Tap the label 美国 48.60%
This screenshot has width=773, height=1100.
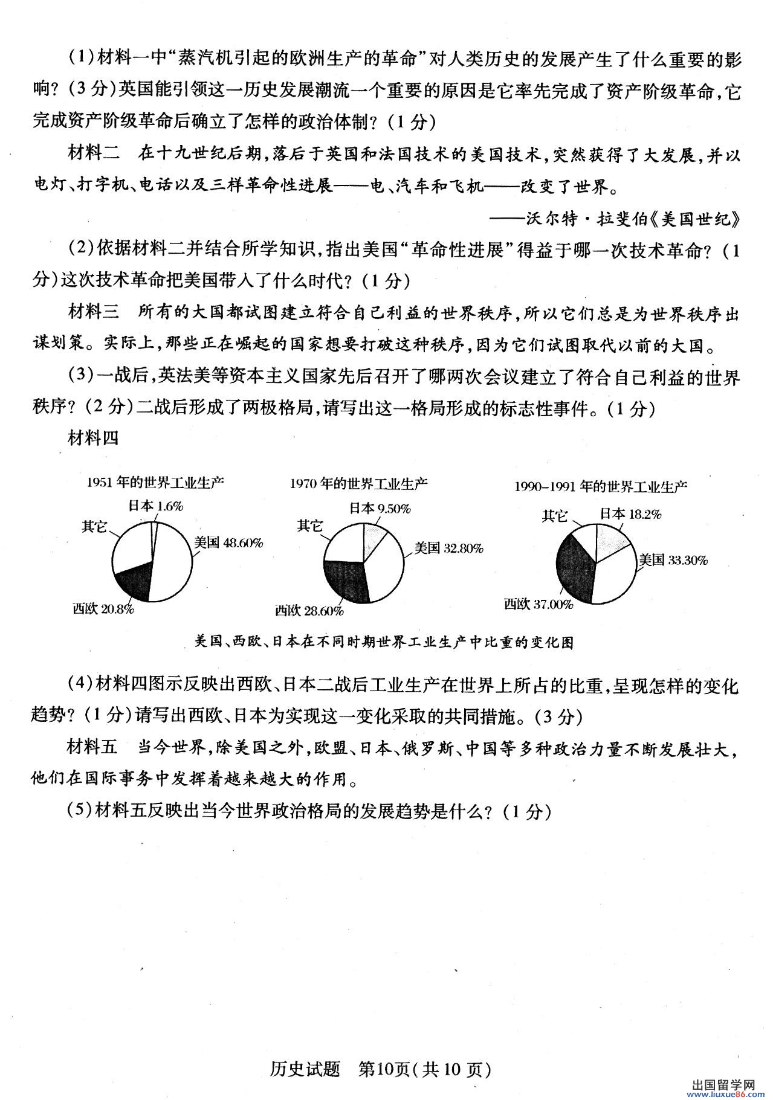[228, 542]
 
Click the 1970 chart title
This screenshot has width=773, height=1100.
[358, 483]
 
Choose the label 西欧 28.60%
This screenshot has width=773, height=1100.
[309, 611]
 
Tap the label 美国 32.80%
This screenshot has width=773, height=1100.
[448, 548]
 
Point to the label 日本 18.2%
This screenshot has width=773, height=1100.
[630, 514]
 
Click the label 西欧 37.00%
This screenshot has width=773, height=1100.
[539, 603]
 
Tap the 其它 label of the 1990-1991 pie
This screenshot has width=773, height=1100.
[554, 515]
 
